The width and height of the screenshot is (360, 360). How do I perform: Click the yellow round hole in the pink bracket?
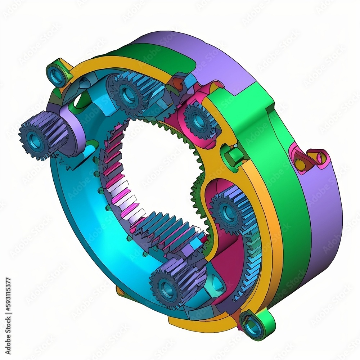(300, 164)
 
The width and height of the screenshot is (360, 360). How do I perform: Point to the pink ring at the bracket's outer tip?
(321, 157)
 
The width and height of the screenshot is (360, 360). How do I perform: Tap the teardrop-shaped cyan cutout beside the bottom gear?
(217, 284)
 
